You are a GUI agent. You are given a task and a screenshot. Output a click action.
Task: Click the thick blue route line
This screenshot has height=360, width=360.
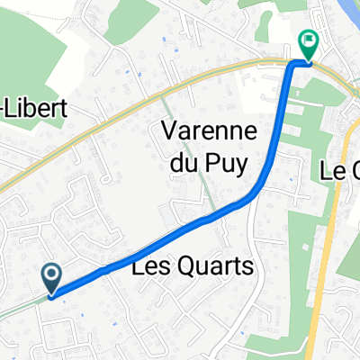[x=162, y=243]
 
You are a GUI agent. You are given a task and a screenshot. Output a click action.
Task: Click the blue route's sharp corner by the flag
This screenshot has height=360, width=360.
[x=292, y=65]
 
